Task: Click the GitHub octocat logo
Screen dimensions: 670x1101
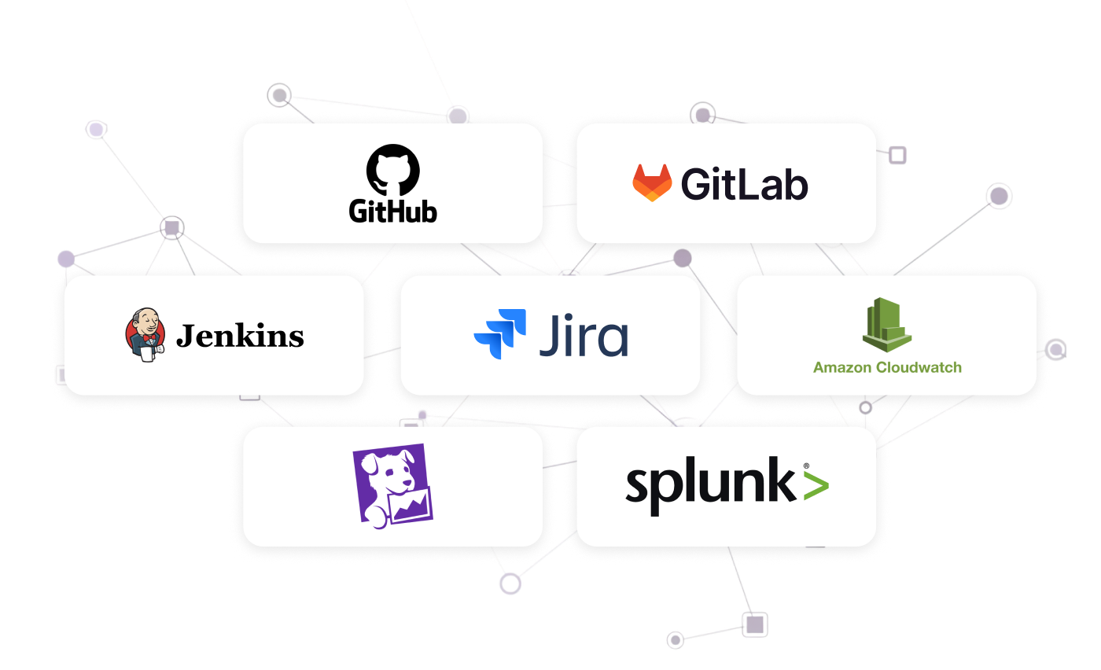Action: tap(393, 168)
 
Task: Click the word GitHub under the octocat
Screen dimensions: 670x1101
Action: tap(392, 211)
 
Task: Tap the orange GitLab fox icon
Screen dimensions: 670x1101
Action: tap(652, 183)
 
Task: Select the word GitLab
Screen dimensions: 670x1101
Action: tap(744, 184)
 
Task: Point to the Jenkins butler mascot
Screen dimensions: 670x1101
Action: tap(145, 335)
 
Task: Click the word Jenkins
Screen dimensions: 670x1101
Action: tap(240, 337)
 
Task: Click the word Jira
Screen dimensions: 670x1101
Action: tap(584, 336)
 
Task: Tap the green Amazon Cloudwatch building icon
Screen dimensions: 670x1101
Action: tap(886, 323)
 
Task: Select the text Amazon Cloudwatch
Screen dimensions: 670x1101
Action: tap(887, 367)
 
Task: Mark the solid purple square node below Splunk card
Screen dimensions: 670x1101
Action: tap(754, 624)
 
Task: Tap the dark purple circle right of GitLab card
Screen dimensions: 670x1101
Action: tap(998, 195)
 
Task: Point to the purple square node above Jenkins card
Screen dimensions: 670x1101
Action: tap(171, 228)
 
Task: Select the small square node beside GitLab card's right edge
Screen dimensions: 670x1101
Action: tap(897, 155)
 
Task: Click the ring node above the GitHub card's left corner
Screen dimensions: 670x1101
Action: tap(278, 96)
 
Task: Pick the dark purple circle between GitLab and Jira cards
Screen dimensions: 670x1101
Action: tap(682, 257)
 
